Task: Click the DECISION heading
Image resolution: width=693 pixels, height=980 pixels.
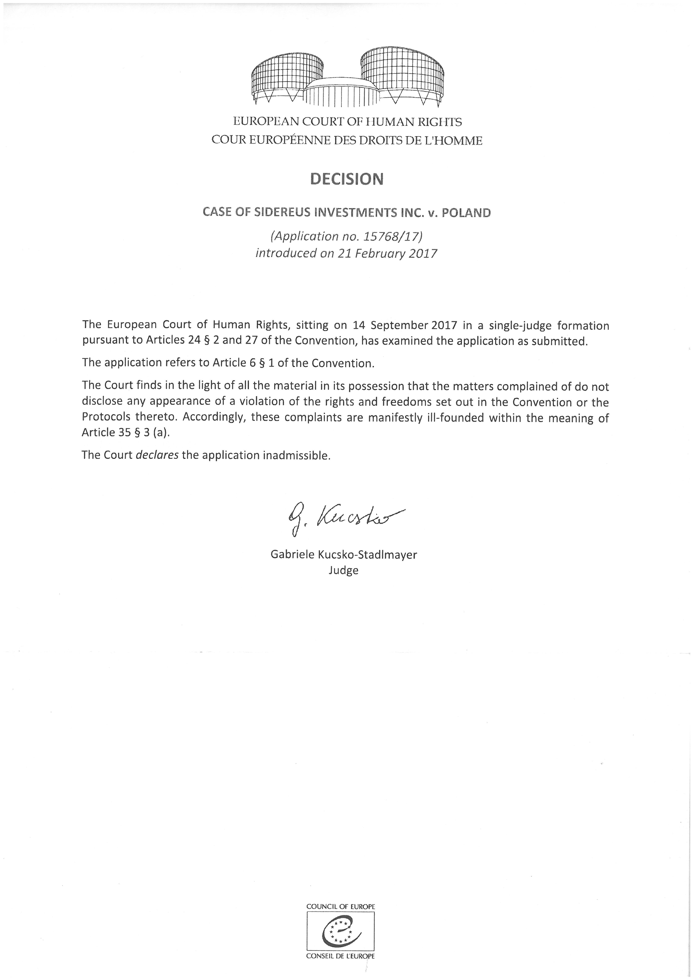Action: click(347, 179)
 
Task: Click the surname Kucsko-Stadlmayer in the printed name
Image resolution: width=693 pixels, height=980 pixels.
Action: click(367, 555)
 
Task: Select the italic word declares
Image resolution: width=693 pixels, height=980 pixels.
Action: click(157, 455)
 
